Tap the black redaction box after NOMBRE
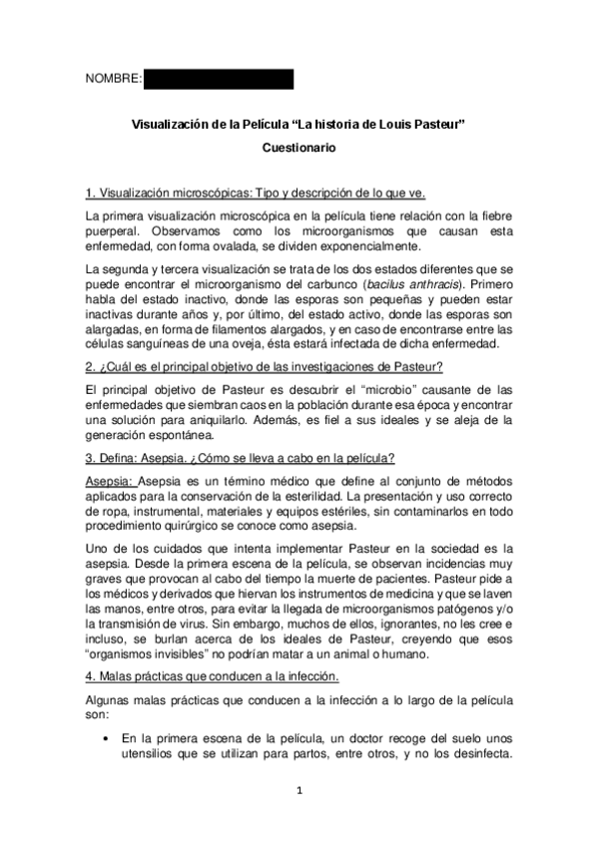[219, 79]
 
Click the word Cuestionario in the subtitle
[299, 148]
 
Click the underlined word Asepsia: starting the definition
[111, 482]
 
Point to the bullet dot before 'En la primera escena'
[106, 738]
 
